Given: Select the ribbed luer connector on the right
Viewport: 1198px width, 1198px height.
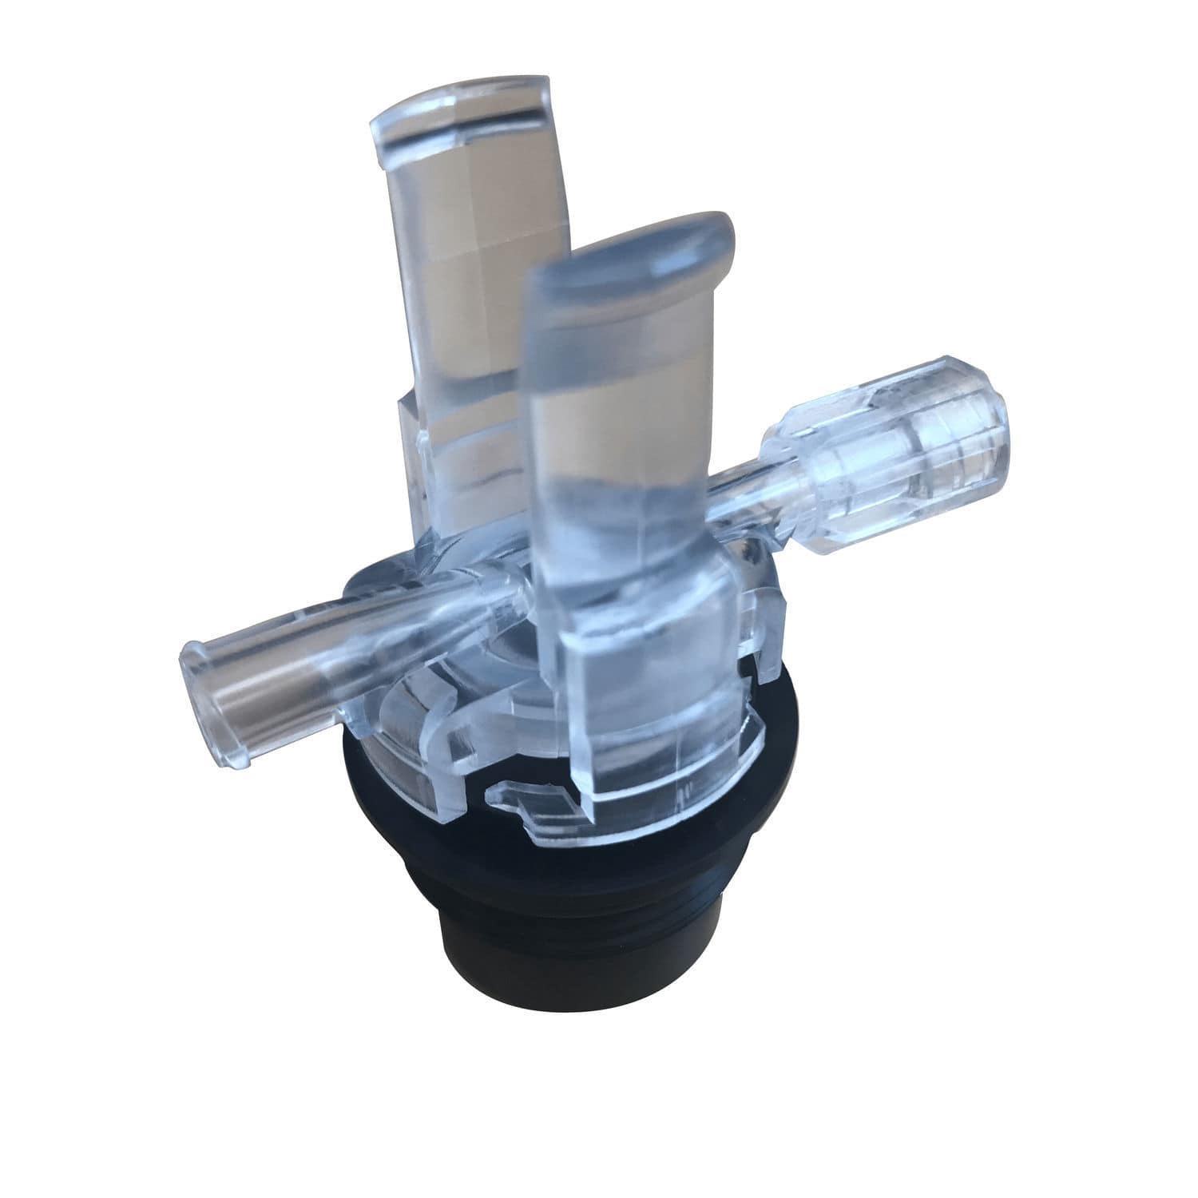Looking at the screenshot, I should (x=902, y=447).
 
